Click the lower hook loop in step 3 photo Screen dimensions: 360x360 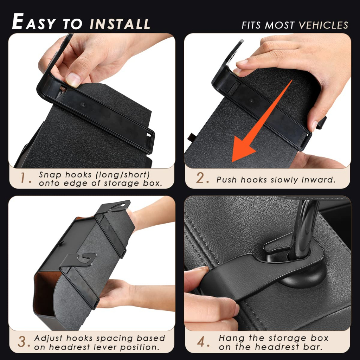pyautogui.click(x=86, y=259)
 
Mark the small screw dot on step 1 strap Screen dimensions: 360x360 pyautogui.click(x=83, y=105)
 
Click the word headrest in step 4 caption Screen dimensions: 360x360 pyautogui.click(x=277, y=347)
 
